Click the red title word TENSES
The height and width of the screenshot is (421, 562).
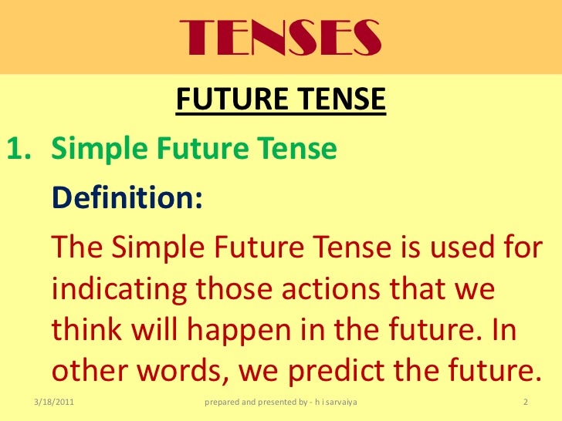(x=281, y=35)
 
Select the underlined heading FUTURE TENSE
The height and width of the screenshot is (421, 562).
(x=281, y=99)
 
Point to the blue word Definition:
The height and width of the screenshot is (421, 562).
(x=127, y=197)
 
